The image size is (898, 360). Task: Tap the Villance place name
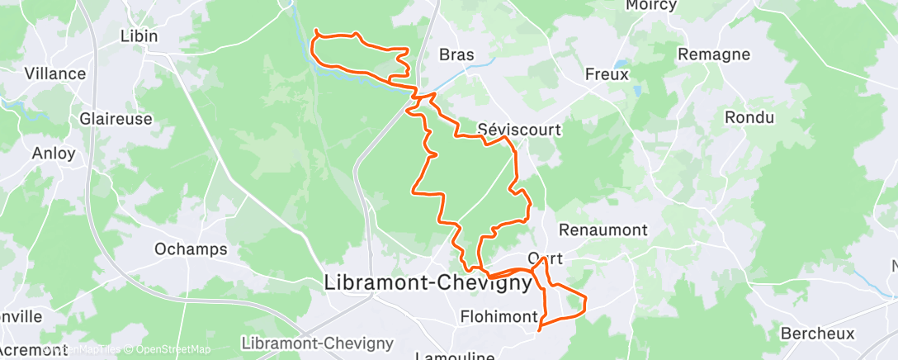54,73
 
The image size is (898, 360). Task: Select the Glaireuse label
116,119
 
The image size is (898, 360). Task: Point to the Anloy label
54,153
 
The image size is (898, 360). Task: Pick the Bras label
456,55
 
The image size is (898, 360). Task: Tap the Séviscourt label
519,129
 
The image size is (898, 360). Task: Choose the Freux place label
607,73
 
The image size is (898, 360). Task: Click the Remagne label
713,54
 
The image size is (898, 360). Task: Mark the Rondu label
749,118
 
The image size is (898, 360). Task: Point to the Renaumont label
603,230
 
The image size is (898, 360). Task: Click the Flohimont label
499,317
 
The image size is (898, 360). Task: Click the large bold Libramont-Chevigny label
428,282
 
